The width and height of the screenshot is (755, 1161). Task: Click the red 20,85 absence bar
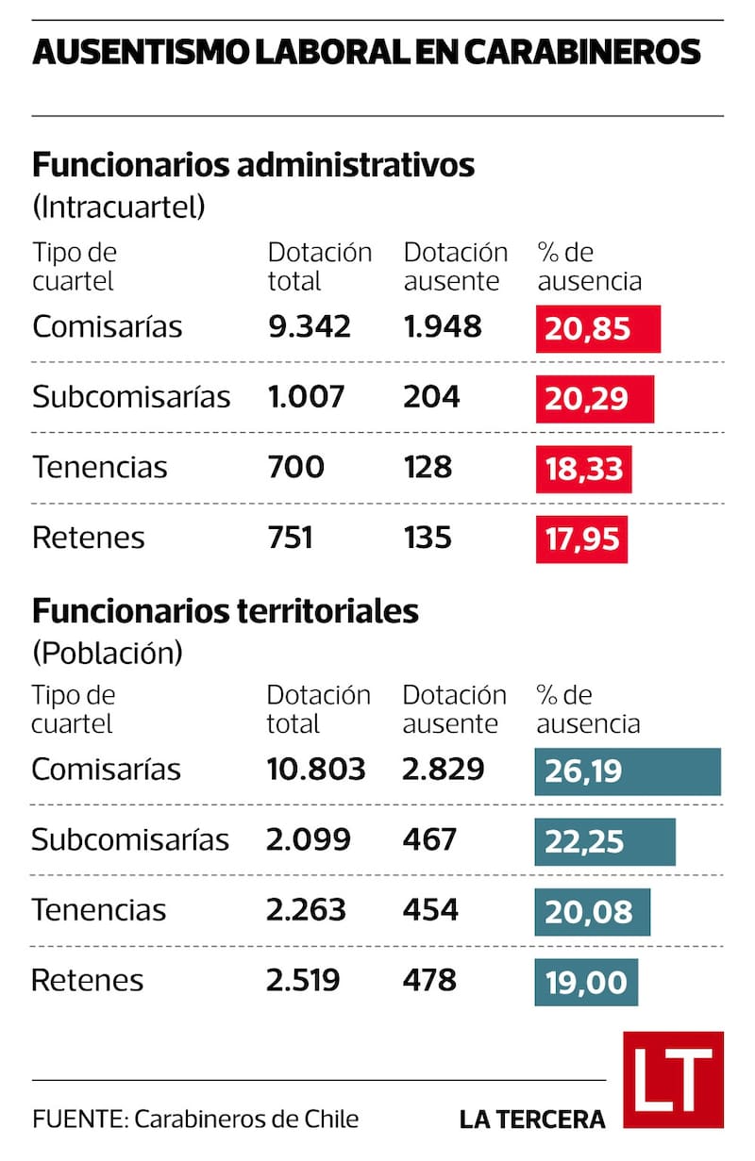597,328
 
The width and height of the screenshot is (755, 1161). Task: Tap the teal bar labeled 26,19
627,771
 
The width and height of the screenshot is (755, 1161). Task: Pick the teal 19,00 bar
586,982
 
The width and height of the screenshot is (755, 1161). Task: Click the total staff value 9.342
310,326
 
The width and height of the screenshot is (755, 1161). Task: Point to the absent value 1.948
443,326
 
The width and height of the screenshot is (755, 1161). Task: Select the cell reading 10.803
315,769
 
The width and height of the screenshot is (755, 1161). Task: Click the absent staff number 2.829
444,769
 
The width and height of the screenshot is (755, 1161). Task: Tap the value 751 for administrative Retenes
291,538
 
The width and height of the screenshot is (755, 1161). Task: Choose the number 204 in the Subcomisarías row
432,397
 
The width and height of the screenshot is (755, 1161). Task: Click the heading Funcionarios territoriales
225,610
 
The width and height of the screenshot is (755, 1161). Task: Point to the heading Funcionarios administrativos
253,165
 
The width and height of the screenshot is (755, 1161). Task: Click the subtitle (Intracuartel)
118,207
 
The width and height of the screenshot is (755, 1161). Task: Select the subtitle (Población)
107,652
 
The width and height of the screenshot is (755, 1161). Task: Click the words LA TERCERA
532,1120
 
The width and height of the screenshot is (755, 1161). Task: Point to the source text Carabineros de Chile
246,1120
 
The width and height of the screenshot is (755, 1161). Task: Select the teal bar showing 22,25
605,841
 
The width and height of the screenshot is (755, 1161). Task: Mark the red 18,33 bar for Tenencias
583,469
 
